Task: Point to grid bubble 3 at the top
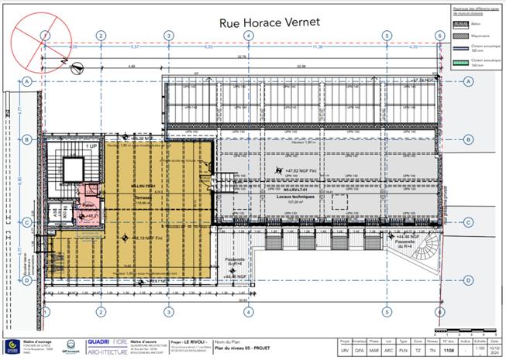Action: pyautogui.click(x=169, y=36)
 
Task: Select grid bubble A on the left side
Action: pyautogui.click(x=27, y=81)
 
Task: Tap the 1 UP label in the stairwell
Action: pyautogui.click(x=91, y=146)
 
